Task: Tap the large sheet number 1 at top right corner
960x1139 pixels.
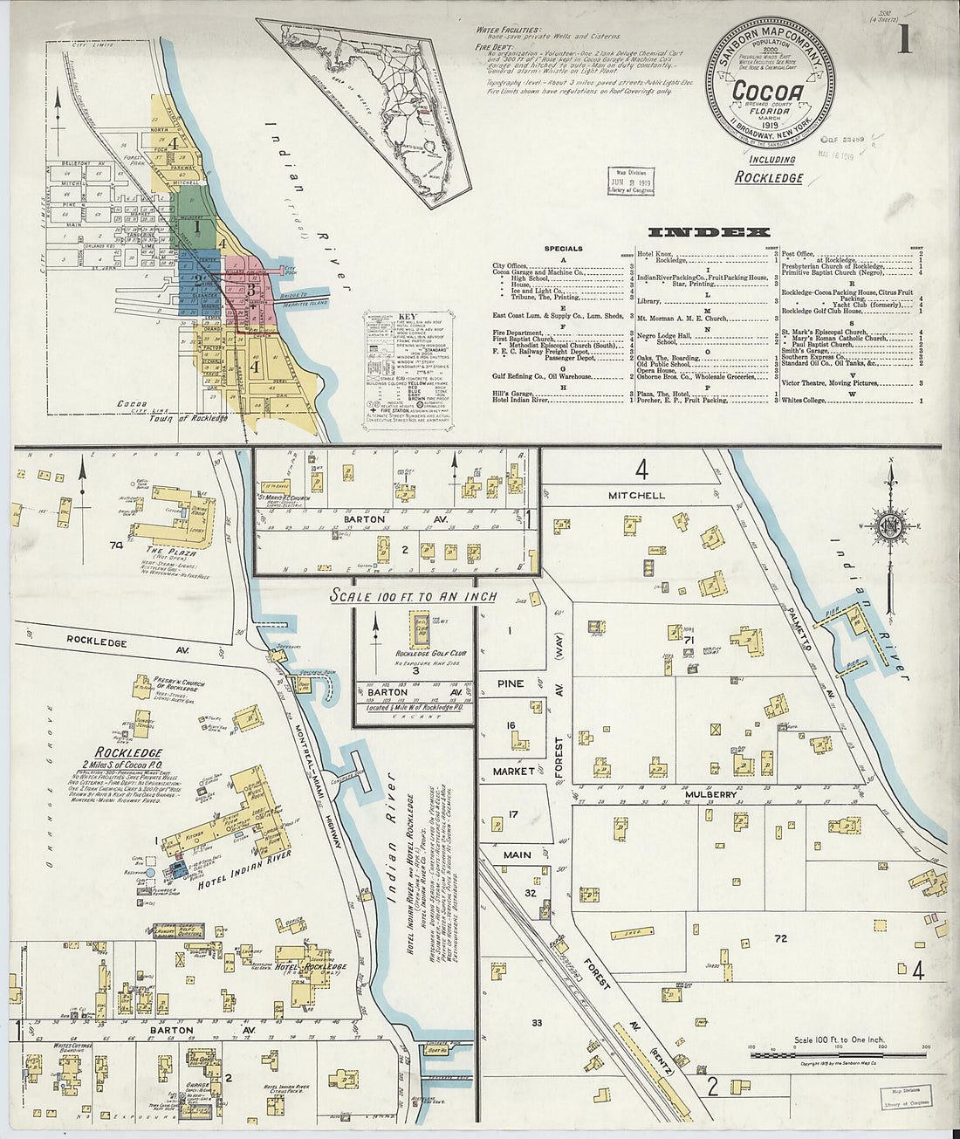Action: click(x=904, y=39)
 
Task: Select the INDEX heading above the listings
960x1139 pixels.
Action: click(x=709, y=232)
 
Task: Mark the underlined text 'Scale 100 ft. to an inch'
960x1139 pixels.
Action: click(x=413, y=596)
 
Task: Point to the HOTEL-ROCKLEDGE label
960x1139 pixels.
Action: click(x=311, y=967)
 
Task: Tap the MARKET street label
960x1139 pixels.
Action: click(x=513, y=772)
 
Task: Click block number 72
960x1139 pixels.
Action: click(x=779, y=937)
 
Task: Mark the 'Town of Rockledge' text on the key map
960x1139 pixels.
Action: click(x=201, y=418)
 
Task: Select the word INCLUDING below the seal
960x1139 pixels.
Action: click(x=772, y=160)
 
